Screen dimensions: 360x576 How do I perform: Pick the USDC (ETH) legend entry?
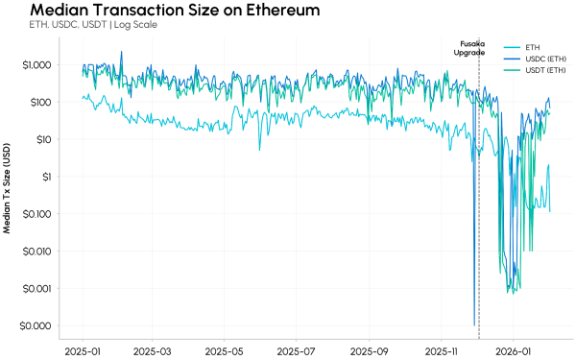click(x=543, y=60)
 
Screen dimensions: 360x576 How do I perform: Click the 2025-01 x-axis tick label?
click(x=84, y=350)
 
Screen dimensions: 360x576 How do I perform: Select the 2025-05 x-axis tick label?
click(x=224, y=350)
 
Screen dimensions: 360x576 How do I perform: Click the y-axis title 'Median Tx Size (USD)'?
click(x=9, y=188)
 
